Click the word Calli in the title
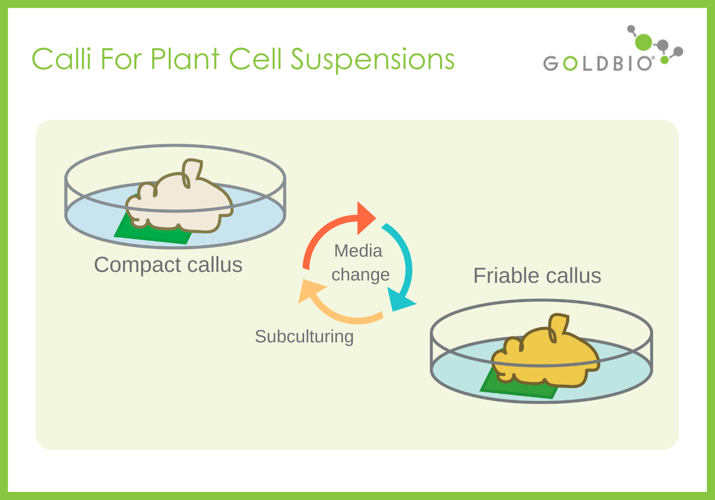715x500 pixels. point(61,59)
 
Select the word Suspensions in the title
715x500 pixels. point(372,60)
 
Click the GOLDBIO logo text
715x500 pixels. point(598,63)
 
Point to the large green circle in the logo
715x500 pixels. point(643,42)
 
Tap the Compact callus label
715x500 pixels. point(168,265)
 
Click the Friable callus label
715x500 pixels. point(537,276)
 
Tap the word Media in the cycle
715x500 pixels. point(358,251)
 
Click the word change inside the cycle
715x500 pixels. point(360,275)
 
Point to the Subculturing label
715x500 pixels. point(304,337)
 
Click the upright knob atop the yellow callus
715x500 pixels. point(558,326)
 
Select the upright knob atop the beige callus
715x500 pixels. point(192,171)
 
